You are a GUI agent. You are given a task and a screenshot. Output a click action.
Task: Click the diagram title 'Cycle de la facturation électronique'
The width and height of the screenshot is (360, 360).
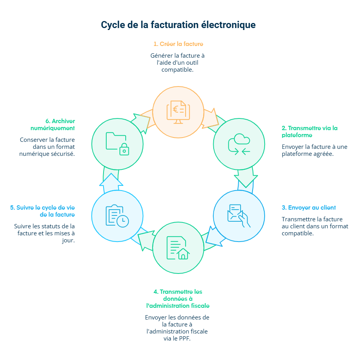(x=178, y=25)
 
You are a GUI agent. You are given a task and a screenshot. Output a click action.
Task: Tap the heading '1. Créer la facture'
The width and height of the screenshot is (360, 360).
(x=178, y=44)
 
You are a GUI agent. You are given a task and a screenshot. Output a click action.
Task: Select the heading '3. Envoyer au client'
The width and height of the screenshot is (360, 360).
(x=309, y=208)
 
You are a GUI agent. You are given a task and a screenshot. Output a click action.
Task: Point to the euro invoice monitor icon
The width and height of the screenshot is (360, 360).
(x=178, y=111)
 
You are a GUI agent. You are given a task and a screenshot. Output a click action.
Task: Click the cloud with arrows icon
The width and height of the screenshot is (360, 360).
(x=239, y=144)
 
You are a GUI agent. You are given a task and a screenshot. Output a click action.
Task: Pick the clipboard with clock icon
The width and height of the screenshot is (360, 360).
(x=117, y=215)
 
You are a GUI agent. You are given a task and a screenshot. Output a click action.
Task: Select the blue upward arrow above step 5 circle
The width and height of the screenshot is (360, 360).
(x=111, y=180)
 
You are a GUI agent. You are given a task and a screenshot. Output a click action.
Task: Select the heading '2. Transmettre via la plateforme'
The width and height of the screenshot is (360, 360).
(x=309, y=131)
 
